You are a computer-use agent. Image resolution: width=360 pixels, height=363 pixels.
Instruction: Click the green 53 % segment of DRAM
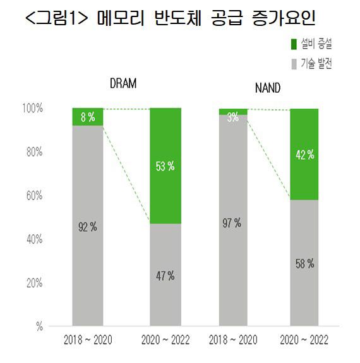[x=165, y=166]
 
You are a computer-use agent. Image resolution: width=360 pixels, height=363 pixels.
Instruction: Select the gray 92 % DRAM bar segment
[x=88, y=226]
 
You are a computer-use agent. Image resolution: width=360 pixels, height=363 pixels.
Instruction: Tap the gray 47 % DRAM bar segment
[x=165, y=275]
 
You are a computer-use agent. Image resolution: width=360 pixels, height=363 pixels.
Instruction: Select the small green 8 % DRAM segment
[x=88, y=117]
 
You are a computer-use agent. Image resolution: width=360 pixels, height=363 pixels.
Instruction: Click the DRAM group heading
[x=123, y=83]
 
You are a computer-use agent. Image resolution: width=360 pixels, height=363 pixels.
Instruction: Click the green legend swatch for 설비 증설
[x=294, y=44]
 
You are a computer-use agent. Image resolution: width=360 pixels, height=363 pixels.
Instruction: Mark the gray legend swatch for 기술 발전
[x=294, y=64]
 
